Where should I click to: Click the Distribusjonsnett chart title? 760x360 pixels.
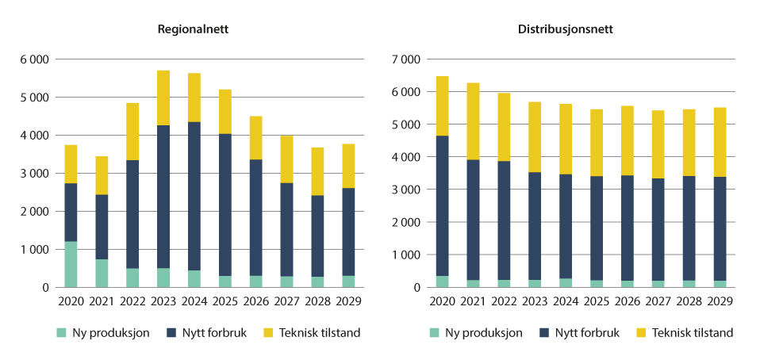[566, 29]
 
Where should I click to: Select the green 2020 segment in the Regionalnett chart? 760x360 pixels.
[71, 264]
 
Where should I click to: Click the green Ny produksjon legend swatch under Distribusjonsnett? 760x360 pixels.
[434, 333]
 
